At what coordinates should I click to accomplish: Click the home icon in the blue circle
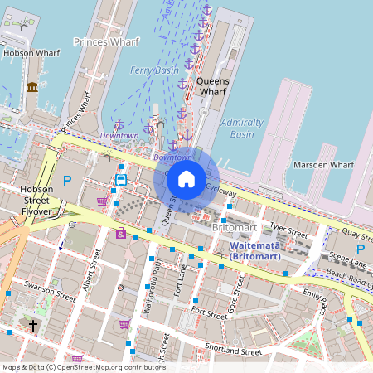point(186,178)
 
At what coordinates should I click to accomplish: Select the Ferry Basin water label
point(154,71)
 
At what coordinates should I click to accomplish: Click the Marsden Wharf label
point(323,165)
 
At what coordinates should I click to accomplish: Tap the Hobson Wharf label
point(29,52)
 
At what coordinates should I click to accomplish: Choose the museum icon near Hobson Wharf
point(32,87)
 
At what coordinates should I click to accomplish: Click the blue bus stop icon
point(121,178)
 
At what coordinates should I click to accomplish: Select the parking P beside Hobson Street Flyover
point(68,179)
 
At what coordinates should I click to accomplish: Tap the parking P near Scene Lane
point(361,249)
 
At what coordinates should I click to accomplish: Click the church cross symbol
point(34,325)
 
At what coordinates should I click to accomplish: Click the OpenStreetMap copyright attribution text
point(84,366)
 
